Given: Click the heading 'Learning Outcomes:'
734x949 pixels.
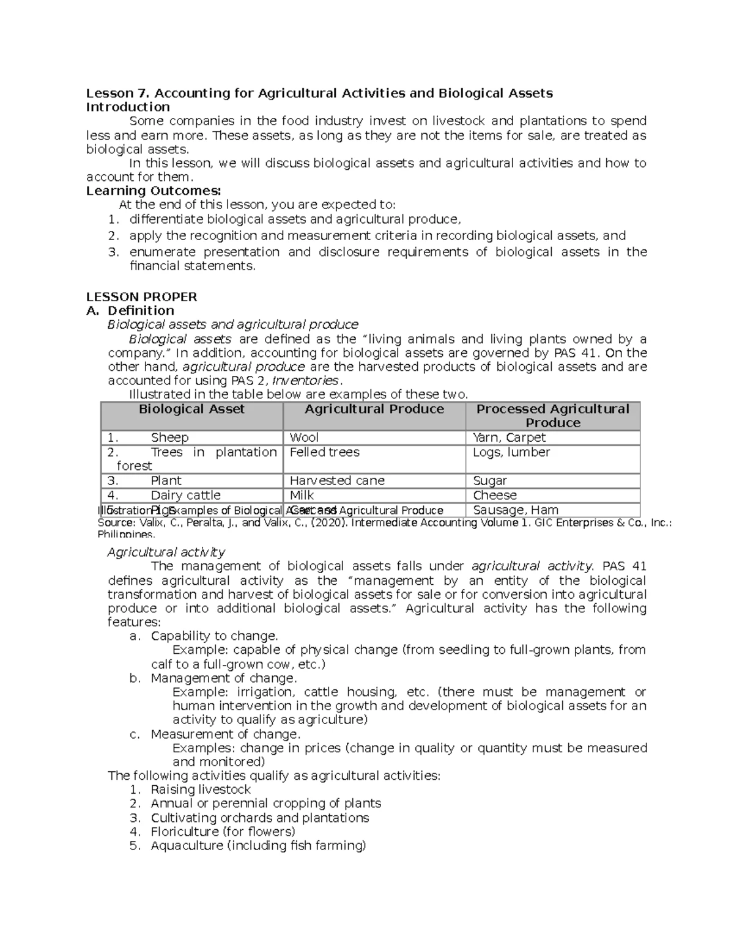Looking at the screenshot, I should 153,191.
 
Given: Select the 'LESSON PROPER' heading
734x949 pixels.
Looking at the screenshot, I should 141,297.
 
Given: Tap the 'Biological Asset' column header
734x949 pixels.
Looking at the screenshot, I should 191,409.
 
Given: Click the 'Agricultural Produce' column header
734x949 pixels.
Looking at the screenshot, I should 374,409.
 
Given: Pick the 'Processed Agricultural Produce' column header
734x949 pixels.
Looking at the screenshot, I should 552,416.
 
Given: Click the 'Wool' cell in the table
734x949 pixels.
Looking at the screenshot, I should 304,438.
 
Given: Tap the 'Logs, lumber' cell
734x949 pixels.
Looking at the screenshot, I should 511,452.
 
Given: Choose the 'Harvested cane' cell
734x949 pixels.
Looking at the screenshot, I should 336,481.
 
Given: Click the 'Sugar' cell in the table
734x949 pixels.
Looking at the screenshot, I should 489,481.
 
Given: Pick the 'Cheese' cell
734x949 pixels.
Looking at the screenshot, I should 494,496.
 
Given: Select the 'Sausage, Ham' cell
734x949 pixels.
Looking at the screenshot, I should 515,510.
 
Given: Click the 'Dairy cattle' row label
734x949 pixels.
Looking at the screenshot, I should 185,496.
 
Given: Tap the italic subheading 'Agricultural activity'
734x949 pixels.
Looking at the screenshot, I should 166,552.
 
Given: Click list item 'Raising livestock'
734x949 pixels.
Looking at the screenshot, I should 201,790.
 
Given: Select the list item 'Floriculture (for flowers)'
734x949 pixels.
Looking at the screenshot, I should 223,832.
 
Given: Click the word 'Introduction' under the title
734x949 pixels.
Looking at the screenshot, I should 128,107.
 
